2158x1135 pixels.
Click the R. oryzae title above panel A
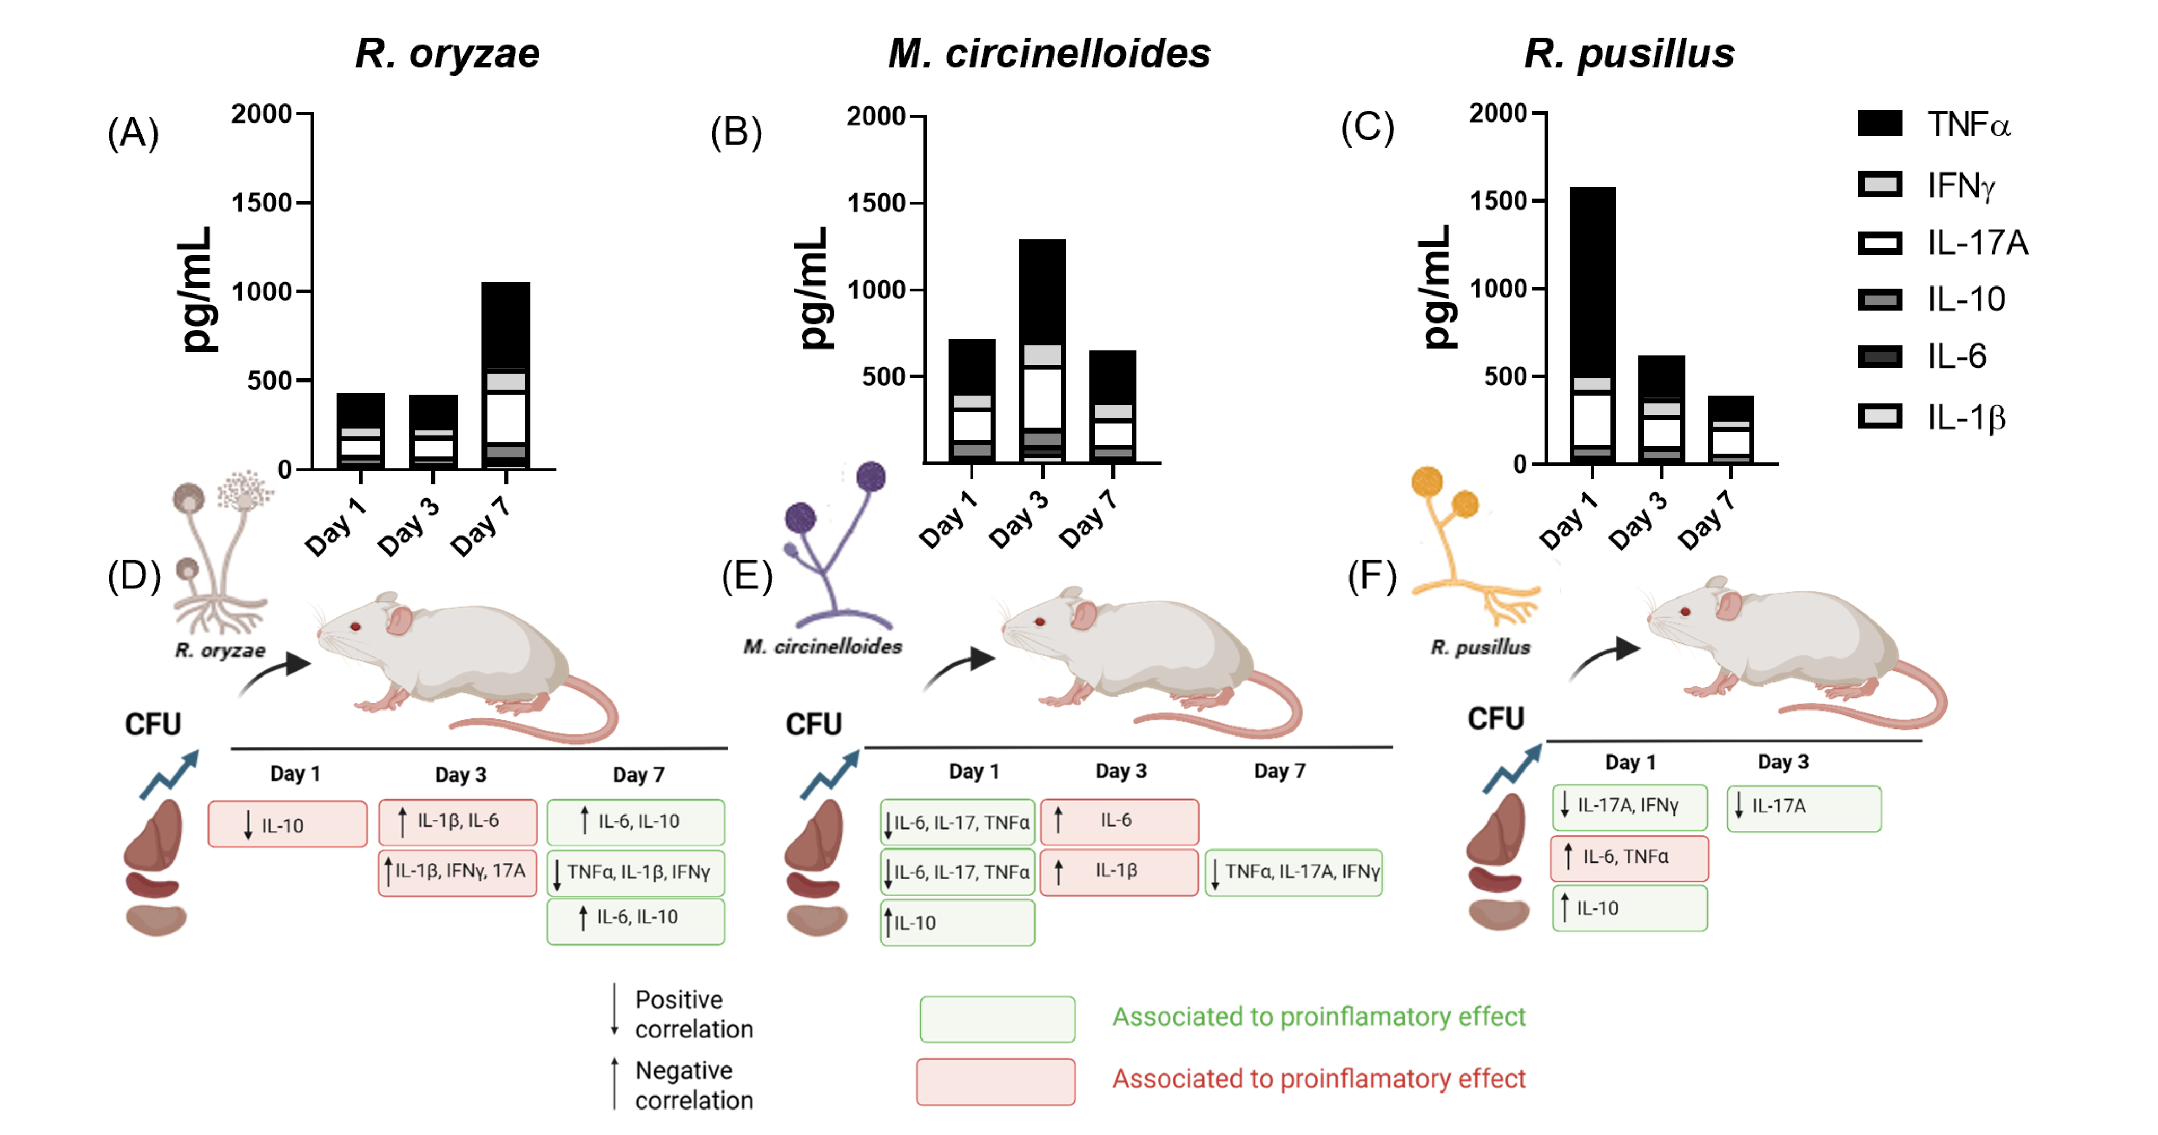coord(447,54)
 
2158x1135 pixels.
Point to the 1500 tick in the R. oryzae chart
coord(262,202)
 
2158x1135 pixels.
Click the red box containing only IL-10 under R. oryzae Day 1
coord(288,825)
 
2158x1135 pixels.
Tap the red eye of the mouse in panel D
coord(356,626)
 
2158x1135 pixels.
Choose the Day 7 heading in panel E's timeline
coord(1279,770)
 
